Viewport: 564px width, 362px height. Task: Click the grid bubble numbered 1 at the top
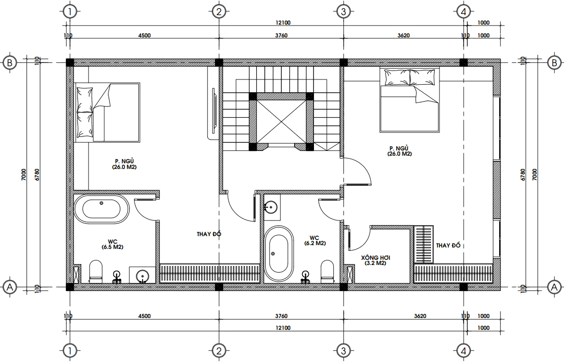point(70,11)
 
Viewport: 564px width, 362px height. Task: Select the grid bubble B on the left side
point(9,62)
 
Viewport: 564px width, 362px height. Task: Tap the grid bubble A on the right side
point(553,287)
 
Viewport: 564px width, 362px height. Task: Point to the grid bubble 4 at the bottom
point(464,351)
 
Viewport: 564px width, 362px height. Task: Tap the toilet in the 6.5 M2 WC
point(96,271)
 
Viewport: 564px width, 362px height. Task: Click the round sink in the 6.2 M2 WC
point(271,207)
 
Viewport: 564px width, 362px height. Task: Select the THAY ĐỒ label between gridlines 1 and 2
point(209,234)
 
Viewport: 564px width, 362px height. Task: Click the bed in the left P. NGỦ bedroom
point(107,113)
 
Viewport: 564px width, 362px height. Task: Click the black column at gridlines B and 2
point(219,62)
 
